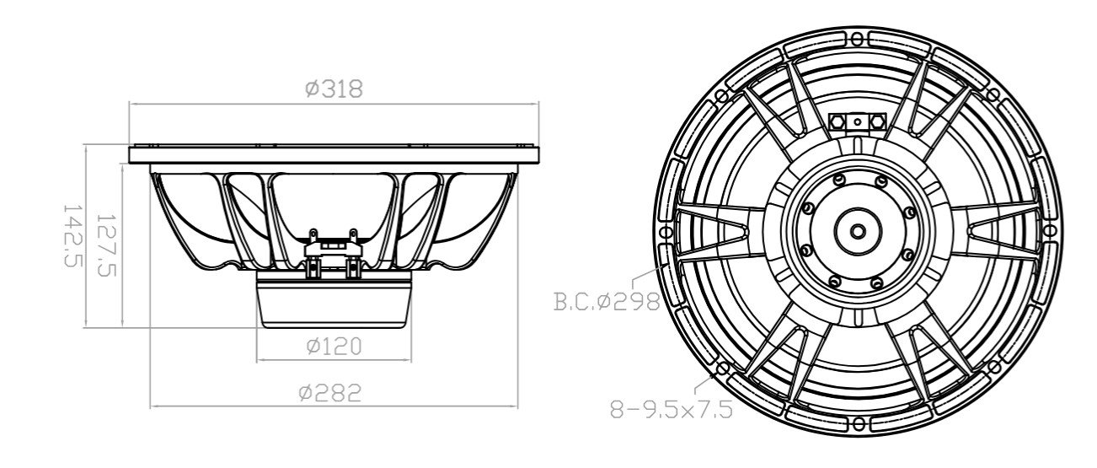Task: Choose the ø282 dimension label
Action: pyautogui.click(x=333, y=392)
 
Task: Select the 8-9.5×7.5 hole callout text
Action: pyautogui.click(x=670, y=411)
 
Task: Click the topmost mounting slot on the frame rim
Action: pyautogui.click(x=858, y=38)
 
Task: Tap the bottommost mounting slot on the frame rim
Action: pyautogui.click(x=858, y=424)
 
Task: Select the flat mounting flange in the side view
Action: pyautogui.click(x=334, y=155)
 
